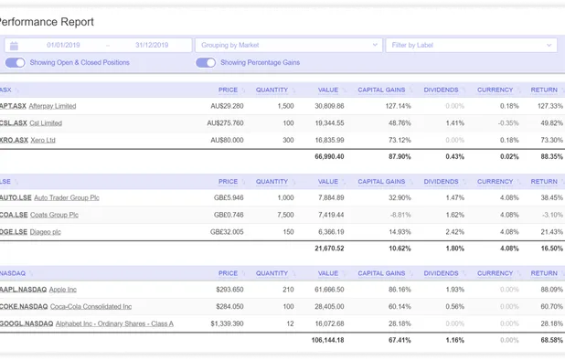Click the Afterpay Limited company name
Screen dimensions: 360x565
click(52, 106)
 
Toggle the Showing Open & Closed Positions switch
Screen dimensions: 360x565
click(15, 62)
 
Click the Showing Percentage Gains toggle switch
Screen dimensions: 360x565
click(206, 62)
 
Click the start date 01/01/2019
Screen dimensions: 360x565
click(65, 45)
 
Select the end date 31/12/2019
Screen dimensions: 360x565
click(151, 45)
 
